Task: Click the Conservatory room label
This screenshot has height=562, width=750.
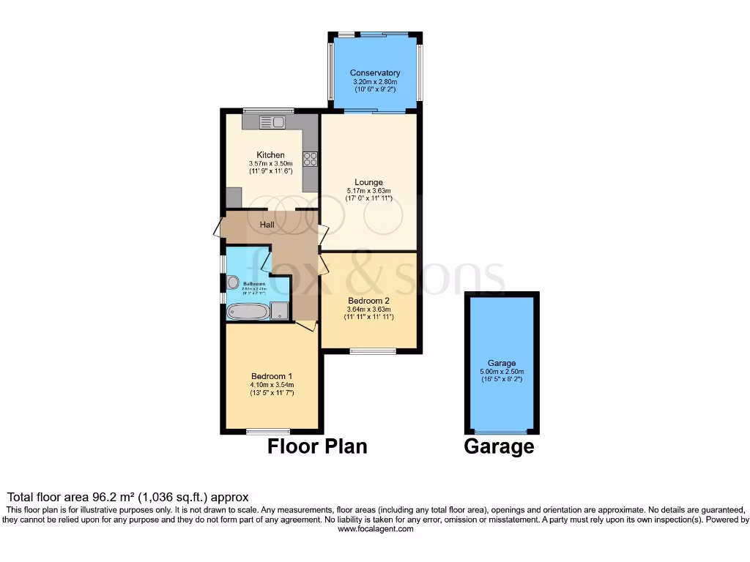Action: pos(374,73)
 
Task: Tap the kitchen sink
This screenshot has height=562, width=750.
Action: pos(272,123)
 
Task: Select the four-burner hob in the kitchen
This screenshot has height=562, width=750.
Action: pos(310,158)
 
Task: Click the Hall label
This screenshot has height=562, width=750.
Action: pos(267,224)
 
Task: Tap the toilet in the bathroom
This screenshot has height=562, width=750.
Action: pos(234,282)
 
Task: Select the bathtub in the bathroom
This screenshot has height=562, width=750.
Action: pos(248,312)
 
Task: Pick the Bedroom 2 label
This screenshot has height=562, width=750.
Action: pos(368,301)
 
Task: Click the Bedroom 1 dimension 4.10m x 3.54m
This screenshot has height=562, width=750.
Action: pos(271,385)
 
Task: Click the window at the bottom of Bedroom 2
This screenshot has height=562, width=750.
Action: pos(373,352)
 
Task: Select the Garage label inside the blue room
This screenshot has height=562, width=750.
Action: pos(502,363)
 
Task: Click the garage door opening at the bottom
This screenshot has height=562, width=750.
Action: pos(502,431)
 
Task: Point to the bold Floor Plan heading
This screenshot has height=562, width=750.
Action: pos(317,446)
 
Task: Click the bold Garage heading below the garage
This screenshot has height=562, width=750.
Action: pos(499,446)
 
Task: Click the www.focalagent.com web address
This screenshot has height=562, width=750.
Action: pos(375,528)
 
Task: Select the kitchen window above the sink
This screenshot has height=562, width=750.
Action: pos(268,111)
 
